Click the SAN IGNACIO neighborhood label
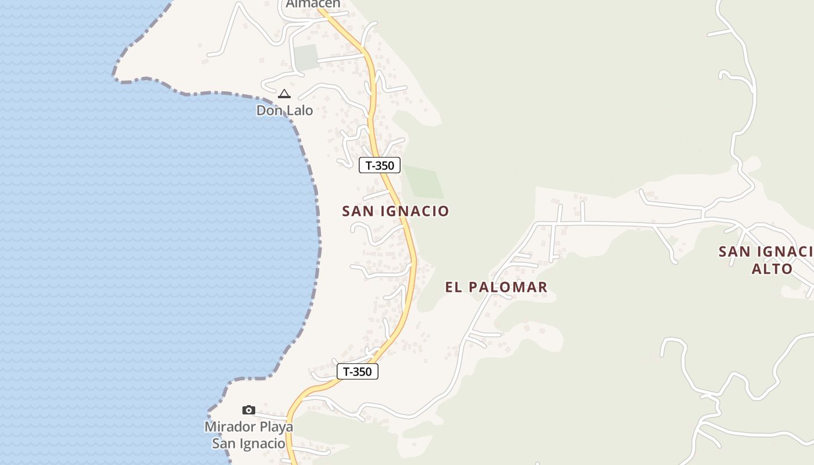(x=395, y=211)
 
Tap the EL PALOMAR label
(x=496, y=287)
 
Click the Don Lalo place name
(x=284, y=110)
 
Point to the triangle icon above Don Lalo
(x=284, y=94)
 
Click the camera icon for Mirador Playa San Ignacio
(x=249, y=410)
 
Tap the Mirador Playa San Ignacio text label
(x=249, y=435)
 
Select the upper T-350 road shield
(x=380, y=165)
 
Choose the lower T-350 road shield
(x=357, y=371)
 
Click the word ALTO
(x=772, y=269)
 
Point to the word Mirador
(x=229, y=427)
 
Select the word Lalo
(x=298, y=110)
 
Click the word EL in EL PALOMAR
(x=453, y=287)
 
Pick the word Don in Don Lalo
(x=269, y=110)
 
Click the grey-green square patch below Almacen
(x=306, y=57)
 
